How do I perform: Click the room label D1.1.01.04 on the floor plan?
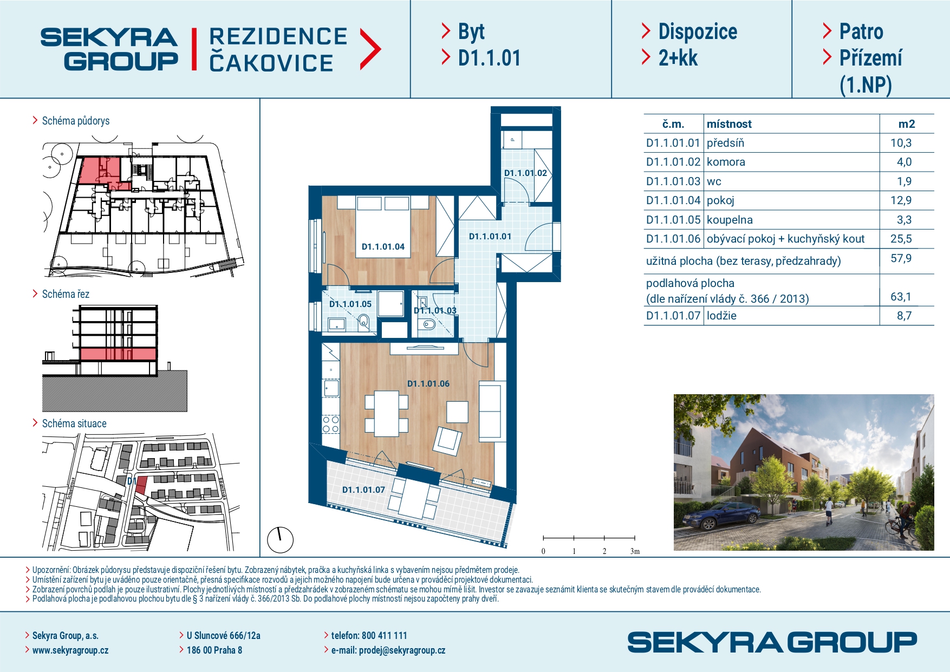pyautogui.click(x=383, y=247)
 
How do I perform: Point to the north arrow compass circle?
pyautogui.click(x=281, y=540)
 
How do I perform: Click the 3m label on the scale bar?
pyautogui.click(x=635, y=551)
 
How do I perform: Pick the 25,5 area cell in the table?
pyautogui.click(x=901, y=239)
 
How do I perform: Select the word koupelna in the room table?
pyautogui.click(x=730, y=220)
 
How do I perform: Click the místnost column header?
pyautogui.click(x=729, y=124)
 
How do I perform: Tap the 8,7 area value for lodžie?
pyautogui.click(x=904, y=316)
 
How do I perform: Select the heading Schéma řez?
pyautogui.click(x=66, y=294)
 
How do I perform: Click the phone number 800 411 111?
pyautogui.click(x=384, y=636)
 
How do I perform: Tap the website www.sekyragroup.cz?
pyautogui.click(x=70, y=650)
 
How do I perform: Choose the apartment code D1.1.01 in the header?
pyautogui.click(x=489, y=58)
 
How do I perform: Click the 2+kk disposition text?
pyautogui.click(x=678, y=58)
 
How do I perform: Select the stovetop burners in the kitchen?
pyautogui.click(x=330, y=425)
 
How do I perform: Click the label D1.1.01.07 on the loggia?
pyautogui.click(x=363, y=490)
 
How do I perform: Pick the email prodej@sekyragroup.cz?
pyautogui.click(x=402, y=650)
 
